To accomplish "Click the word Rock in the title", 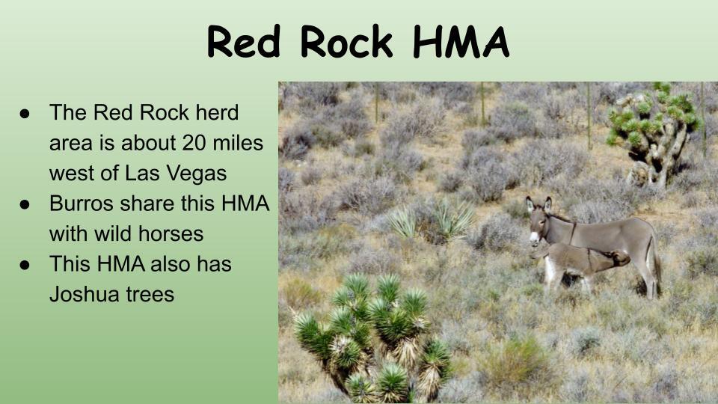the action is click(346, 42).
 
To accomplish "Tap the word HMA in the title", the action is click(461, 42).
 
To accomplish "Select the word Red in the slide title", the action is click(244, 42).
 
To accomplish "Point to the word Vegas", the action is click(198, 174).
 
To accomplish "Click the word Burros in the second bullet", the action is click(82, 203).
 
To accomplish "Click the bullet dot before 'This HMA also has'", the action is click(25, 265).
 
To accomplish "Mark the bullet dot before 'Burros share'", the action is click(25, 204).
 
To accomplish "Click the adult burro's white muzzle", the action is click(534, 237).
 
